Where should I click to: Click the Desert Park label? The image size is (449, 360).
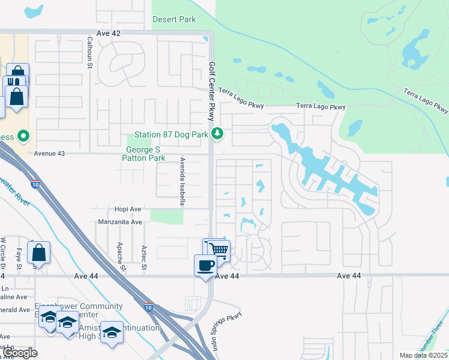[174, 19]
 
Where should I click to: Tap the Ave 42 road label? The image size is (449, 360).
[109, 34]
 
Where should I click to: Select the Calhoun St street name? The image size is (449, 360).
[89, 53]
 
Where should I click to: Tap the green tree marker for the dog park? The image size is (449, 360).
[218, 133]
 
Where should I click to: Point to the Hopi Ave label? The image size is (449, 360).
[127, 209]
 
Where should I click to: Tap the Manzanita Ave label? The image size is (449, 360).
[120, 222]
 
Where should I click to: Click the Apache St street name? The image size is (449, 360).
[123, 257]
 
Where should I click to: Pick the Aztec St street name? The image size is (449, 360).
[144, 257]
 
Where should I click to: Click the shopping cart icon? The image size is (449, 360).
[219, 250]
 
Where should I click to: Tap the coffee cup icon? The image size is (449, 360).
[205, 265]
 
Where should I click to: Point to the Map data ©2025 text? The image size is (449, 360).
[424, 355]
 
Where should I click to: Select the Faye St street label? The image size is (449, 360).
[19, 258]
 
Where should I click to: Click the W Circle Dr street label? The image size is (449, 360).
[3, 252]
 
